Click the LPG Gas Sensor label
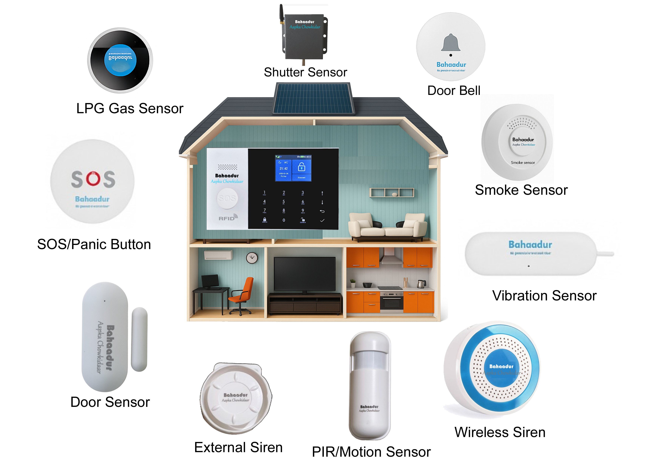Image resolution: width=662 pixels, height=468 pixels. [x=130, y=109]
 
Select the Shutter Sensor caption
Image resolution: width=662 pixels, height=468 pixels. [x=305, y=72]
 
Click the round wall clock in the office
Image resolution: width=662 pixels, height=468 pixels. [x=252, y=258]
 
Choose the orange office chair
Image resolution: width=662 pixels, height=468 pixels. [x=242, y=294]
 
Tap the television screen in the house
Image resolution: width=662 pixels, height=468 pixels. [x=304, y=274]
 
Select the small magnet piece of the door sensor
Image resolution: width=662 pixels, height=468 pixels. [x=139, y=339]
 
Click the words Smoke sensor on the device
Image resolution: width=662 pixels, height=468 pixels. [x=523, y=163]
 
